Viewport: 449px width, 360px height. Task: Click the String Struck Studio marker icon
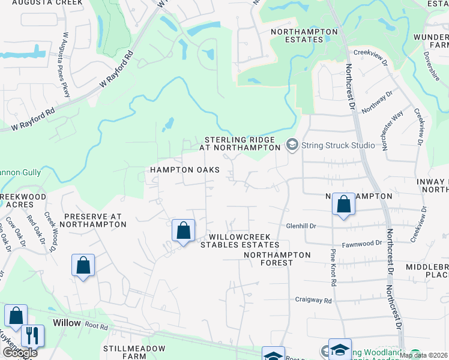click(292, 145)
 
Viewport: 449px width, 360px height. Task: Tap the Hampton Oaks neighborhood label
click(185, 170)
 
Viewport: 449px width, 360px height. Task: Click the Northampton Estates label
click(297, 35)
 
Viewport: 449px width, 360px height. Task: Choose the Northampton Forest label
click(277, 259)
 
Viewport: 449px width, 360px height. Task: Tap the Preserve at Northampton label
click(95, 220)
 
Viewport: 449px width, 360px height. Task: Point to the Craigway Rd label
click(313, 299)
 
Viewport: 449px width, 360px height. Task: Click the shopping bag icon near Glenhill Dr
click(344, 205)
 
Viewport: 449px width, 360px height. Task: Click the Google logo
click(19, 353)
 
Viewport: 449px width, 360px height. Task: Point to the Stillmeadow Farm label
click(134, 352)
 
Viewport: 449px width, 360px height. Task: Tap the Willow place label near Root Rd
click(67, 323)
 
